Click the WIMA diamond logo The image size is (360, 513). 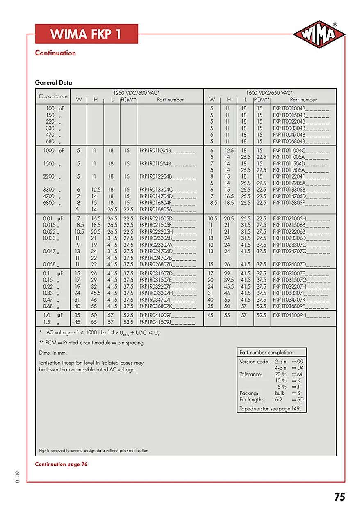(319, 34)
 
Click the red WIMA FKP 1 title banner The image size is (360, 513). (87, 34)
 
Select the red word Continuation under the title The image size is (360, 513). (55, 53)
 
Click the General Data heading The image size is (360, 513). (53, 82)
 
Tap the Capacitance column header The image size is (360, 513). (53, 96)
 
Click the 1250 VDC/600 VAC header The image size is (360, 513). (137, 93)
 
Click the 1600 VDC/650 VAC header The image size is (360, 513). (269, 93)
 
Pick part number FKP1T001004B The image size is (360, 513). (301, 108)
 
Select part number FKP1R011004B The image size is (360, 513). (167, 151)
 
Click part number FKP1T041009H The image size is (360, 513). (301, 315)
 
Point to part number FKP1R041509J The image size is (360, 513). (167, 322)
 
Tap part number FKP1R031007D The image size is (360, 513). (167, 273)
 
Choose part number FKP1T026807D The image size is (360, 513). (301, 264)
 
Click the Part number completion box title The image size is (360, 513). (267, 353)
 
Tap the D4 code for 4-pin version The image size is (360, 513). (300, 368)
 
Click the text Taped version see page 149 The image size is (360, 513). (270, 409)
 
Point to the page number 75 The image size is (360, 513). (339, 497)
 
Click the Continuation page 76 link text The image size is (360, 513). (61, 464)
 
